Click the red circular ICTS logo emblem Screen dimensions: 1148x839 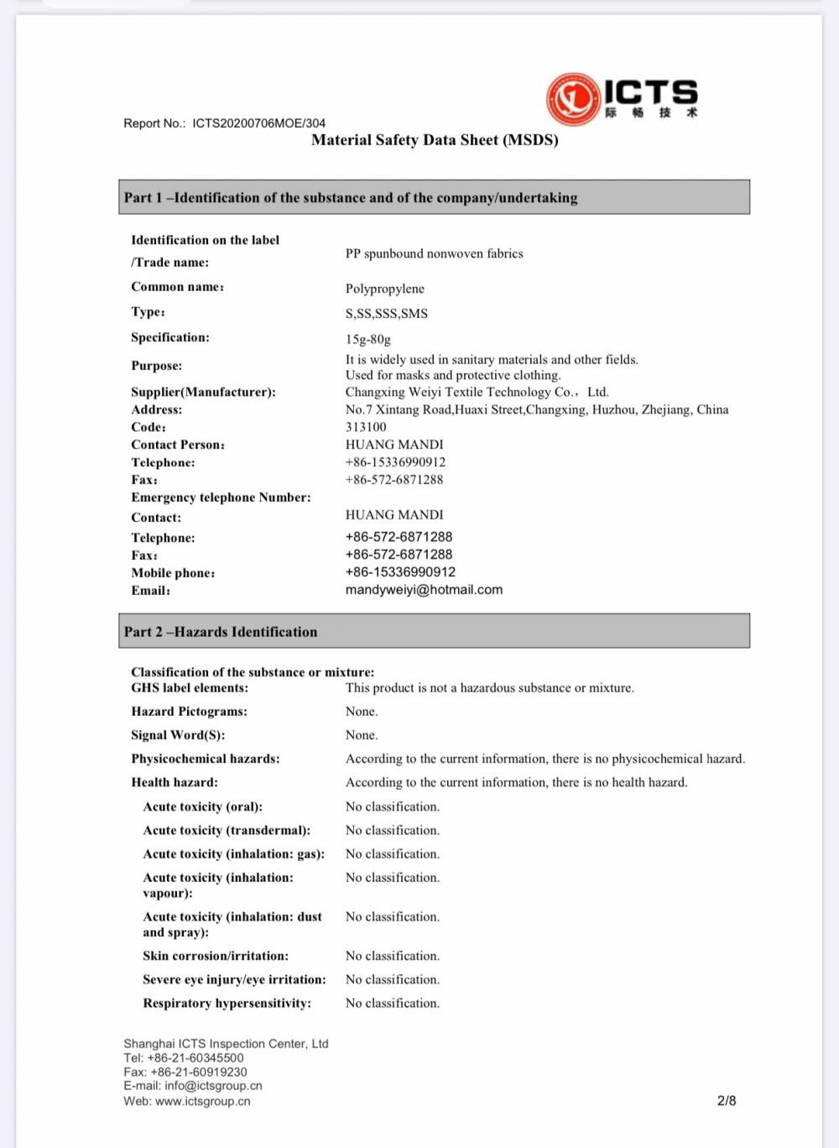pos(573,98)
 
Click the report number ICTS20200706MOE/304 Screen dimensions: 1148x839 pos(258,123)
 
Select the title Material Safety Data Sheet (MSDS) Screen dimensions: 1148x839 pos(435,140)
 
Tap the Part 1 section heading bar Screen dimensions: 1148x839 pos(434,197)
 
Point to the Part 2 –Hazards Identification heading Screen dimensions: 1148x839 pos(221,632)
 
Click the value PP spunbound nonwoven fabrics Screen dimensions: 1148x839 pos(434,253)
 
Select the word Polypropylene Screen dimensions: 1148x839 pos(385,289)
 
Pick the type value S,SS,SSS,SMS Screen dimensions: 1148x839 pos(387,314)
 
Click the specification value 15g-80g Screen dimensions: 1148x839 pos(368,340)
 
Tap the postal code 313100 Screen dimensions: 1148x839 pos(366,427)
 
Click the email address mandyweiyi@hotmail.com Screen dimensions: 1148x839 pos(424,590)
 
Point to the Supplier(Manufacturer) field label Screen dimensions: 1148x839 pos(203,392)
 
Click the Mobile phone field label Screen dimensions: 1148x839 pos(173,573)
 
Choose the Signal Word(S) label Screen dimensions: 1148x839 pos(178,735)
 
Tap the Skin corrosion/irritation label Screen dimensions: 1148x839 pos(216,956)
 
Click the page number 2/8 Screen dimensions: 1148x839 pos(727,1100)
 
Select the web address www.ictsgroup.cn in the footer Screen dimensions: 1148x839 pos(202,1101)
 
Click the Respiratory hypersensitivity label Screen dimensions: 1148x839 pos(227,1003)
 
